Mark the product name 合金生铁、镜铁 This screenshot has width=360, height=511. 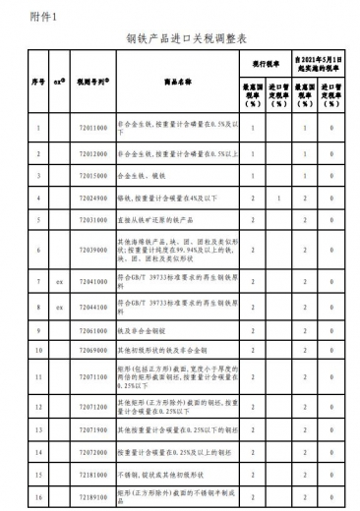coord(149,175)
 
